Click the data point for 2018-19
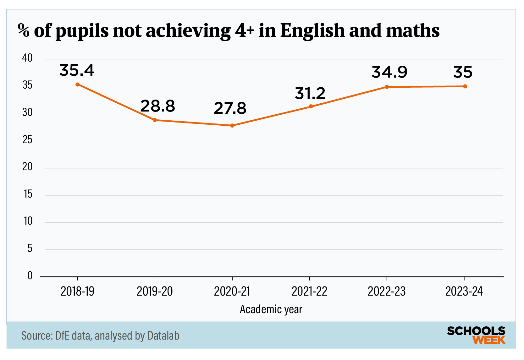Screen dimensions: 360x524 click(78, 85)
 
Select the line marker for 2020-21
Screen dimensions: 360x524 click(232, 126)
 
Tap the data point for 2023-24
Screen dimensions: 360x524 click(465, 86)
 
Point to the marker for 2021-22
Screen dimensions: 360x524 click(311, 106)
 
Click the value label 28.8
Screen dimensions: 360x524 click(157, 106)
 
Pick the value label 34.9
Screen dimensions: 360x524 click(389, 72)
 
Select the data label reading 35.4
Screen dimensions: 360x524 click(77, 70)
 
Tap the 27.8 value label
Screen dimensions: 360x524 click(230, 108)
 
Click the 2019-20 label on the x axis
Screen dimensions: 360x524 click(155, 292)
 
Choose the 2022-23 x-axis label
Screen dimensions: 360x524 click(387, 292)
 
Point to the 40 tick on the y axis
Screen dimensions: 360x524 click(27, 58)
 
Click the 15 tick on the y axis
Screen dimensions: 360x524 click(28, 194)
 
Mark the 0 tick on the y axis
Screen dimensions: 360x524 click(30, 276)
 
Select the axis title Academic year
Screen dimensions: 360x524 click(271, 309)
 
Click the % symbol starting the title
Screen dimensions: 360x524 click(24, 31)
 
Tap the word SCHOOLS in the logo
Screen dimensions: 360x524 click(476, 331)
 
